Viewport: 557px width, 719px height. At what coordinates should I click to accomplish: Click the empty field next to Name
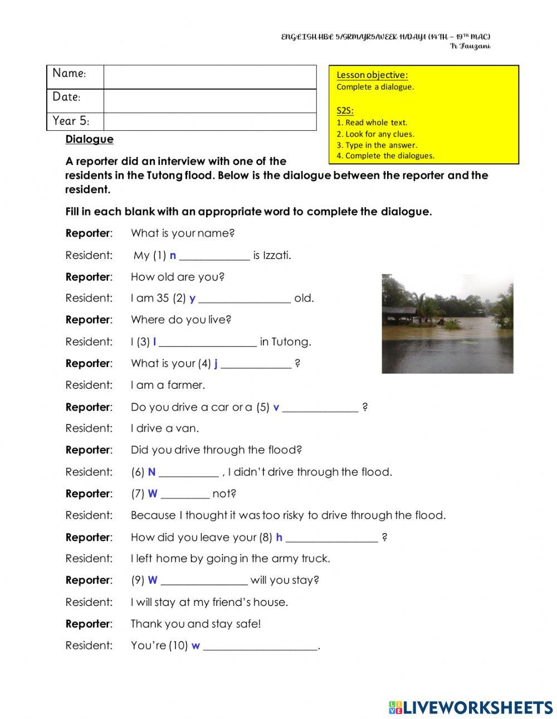[209, 77]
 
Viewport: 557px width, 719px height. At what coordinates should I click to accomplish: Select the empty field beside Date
[209, 101]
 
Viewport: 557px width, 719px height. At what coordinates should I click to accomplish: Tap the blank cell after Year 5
[209, 121]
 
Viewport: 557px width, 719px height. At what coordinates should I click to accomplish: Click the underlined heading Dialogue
[89, 139]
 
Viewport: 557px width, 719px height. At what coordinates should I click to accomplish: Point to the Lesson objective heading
[372, 75]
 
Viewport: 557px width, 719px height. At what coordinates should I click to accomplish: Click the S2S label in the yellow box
[345, 110]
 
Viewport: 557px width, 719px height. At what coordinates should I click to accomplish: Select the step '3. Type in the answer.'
[377, 145]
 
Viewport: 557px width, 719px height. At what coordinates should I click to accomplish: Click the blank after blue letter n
[214, 256]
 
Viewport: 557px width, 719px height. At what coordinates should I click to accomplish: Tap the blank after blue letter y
[245, 299]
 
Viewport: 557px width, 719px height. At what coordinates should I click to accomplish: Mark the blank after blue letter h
[331, 539]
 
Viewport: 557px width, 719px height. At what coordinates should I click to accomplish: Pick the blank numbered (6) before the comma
[188, 473]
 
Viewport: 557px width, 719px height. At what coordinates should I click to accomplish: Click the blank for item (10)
[260, 647]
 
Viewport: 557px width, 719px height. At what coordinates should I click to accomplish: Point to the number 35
[163, 298]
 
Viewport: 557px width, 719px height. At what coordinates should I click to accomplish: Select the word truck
[315, 558]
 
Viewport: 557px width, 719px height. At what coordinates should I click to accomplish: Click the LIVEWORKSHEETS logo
[471, 707]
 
